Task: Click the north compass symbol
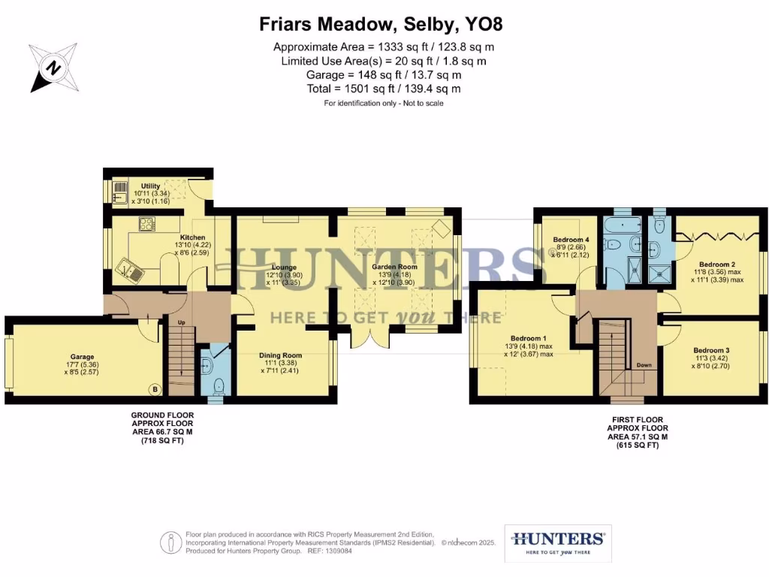coord(53,68)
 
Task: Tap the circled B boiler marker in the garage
coord(155,389)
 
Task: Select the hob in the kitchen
coord(145,223)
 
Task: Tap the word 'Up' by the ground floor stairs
coord(180,322)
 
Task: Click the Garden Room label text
coord(394,267)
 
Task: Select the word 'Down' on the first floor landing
coord(644,366)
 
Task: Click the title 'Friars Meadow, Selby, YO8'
coord(381,24)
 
